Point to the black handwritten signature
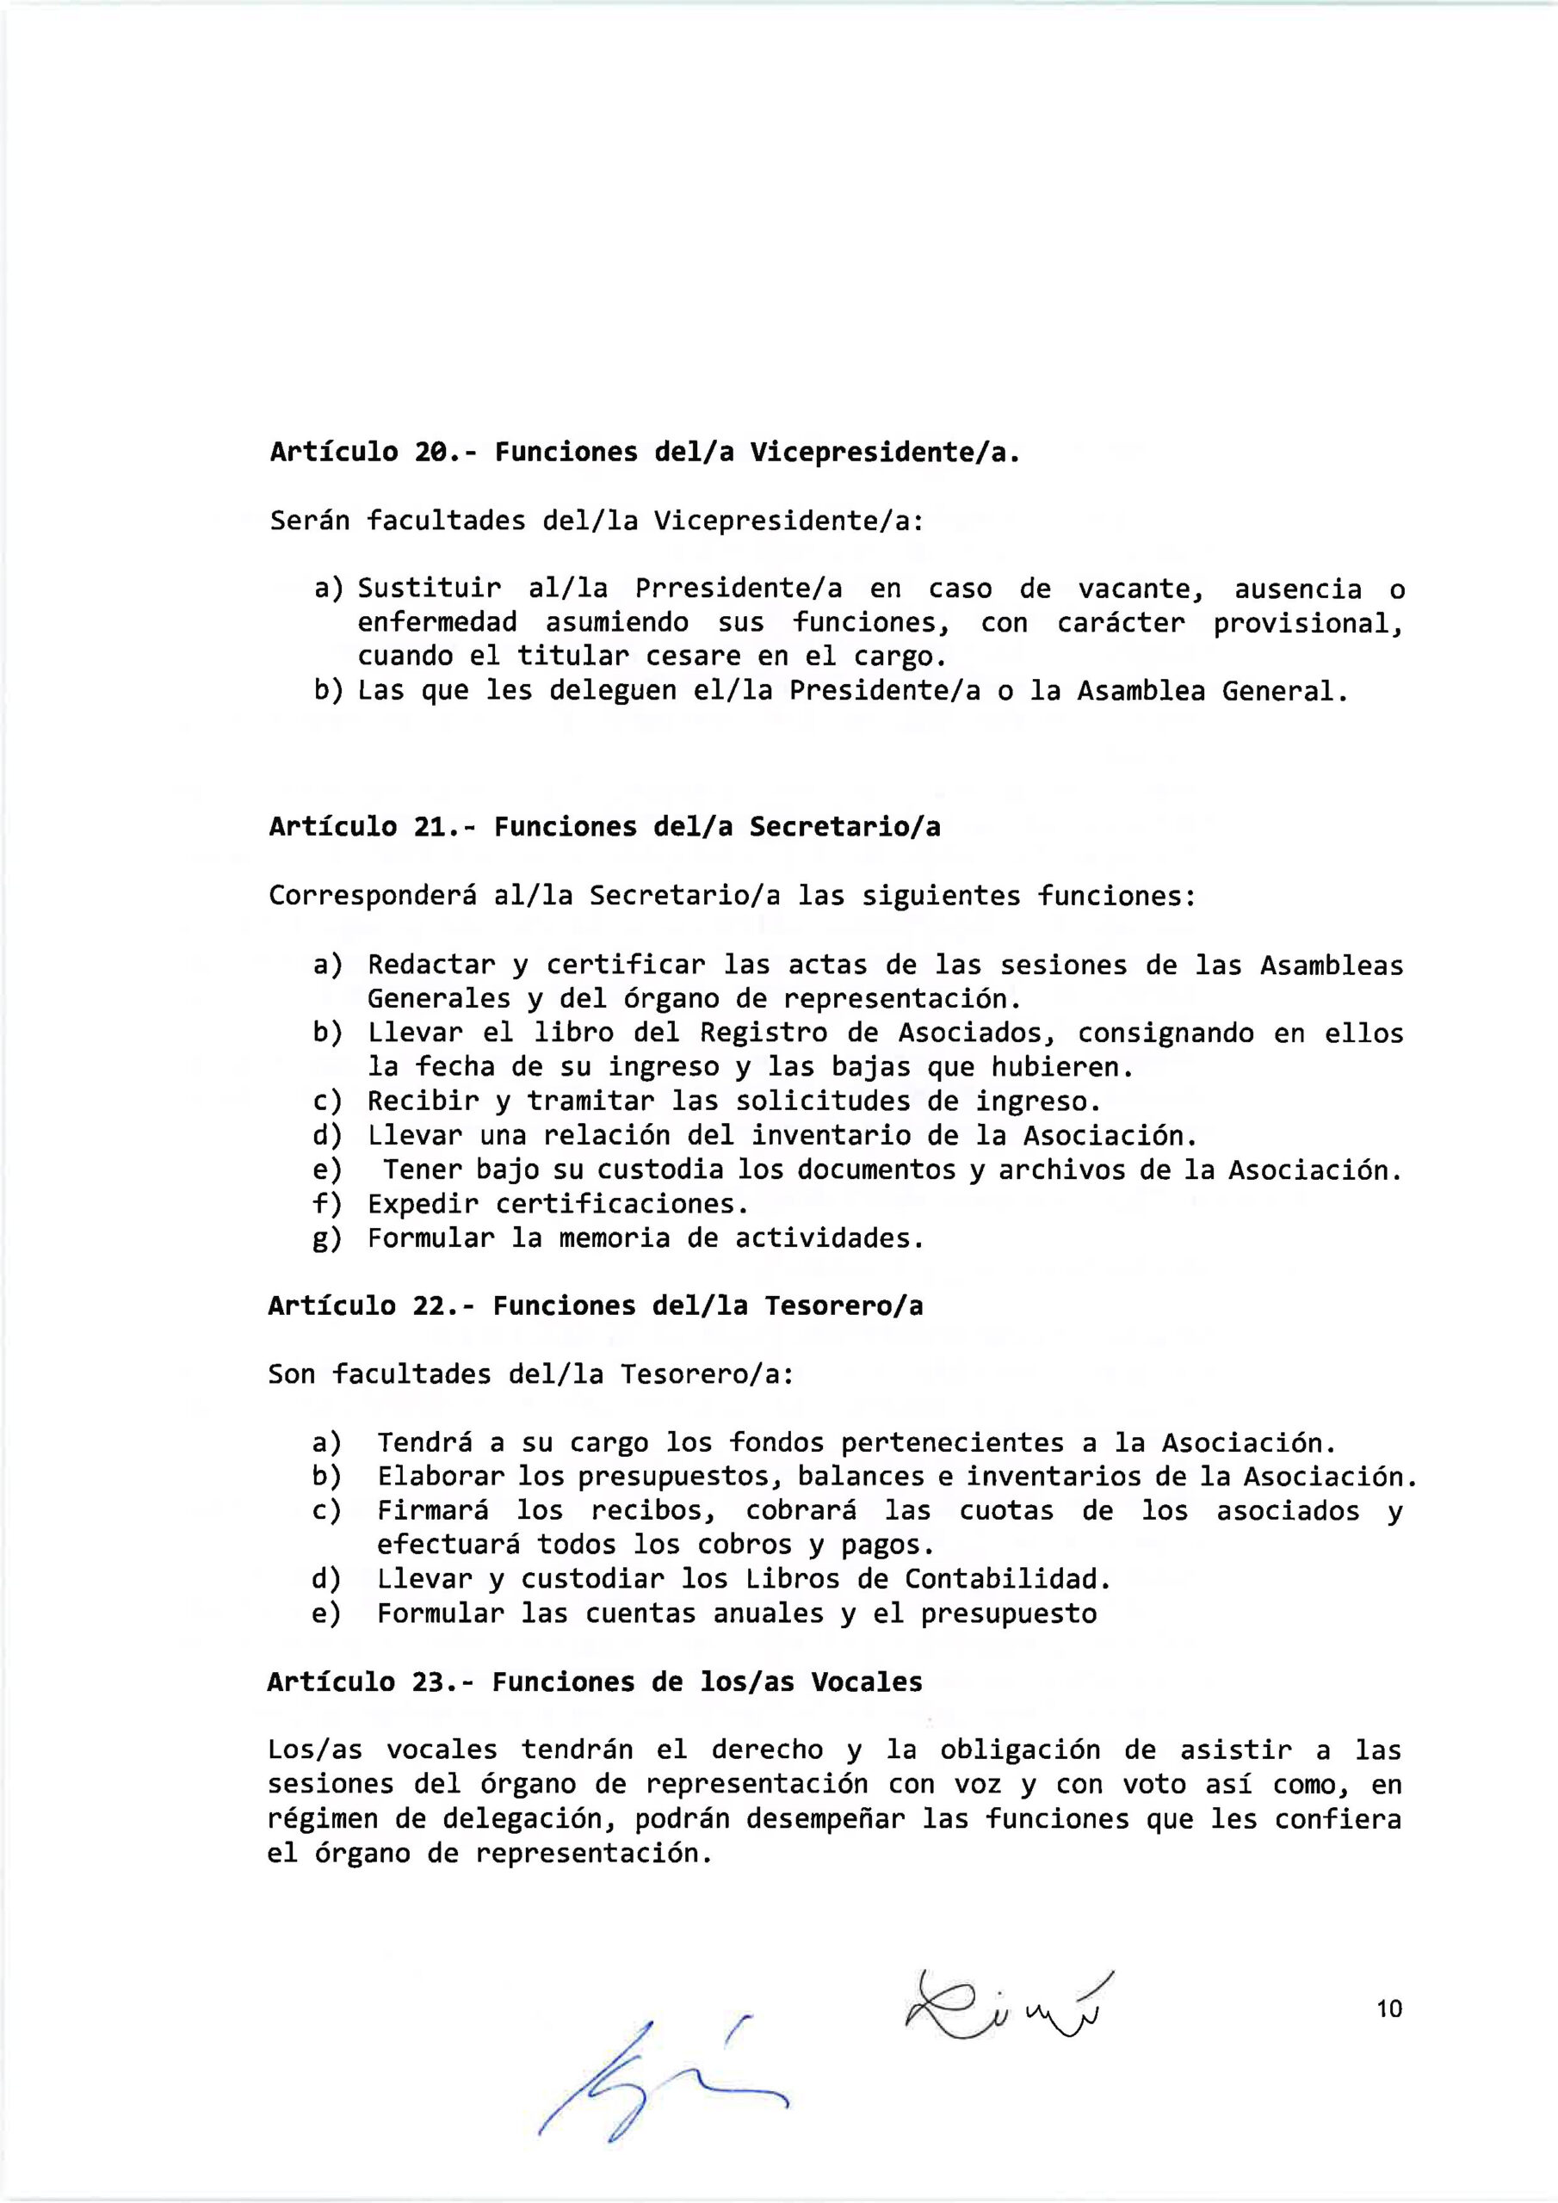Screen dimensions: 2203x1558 [x=1008, y=2000]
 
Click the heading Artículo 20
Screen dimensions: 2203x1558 [x=641, y=452]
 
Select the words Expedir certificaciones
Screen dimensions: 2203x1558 [x=558, y=1203]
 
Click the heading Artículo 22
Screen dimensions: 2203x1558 [x=595, y=1305]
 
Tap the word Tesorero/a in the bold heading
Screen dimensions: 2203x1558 [x=844, y=1305]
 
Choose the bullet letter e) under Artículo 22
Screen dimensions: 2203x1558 [x=327, y=1614]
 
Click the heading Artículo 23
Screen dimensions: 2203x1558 [x=594, y=1681]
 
